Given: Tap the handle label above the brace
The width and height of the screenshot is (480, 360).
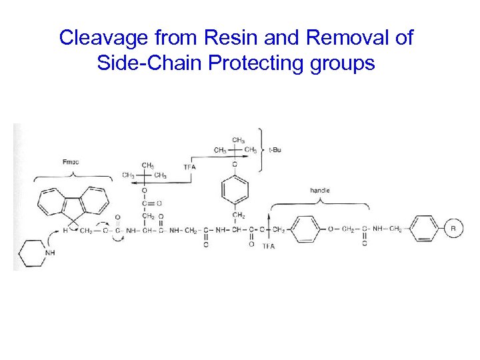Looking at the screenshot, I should pyautogui.click(x=320, y=191).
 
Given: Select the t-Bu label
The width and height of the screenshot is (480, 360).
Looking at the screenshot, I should pyautogui.click(x=275, y=150).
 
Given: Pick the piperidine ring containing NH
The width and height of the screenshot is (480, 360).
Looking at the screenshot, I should pyautogui.click(x=32, y=252).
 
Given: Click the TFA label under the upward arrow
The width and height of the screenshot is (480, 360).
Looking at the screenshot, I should pyautogui.click(x=269, y=247).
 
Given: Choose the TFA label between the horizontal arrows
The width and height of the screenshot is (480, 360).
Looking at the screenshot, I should pyautogui.click(x=189, y=166).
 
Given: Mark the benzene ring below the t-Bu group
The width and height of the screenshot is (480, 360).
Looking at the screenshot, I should pyautogui.click(x=235, y=189).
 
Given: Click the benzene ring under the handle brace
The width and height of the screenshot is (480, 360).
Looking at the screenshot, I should pyautogui.click(x=306, y=229).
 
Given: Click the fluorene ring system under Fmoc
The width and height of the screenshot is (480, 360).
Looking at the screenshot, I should pyautogui.click(x=74, y=201).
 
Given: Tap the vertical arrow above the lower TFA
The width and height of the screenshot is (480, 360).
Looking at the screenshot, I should pyautogui.click(x=269, y=227).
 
